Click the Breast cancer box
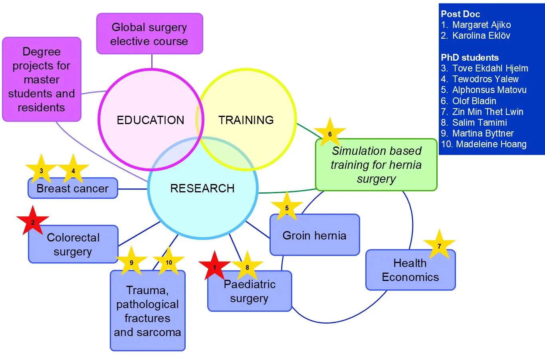[73, 189]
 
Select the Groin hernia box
[315, 235]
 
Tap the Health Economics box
[410, 271]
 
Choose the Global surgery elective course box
[149, 34]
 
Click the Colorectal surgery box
[73, 245]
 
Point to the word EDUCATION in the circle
[151, 120]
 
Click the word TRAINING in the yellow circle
[246, 120]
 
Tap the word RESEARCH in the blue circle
[202, 188]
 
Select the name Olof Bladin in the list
[474, 101]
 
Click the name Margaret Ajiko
[481, 25]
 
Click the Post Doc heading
[460, 14]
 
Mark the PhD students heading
[470, 57]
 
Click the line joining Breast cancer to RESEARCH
[133, 189]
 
